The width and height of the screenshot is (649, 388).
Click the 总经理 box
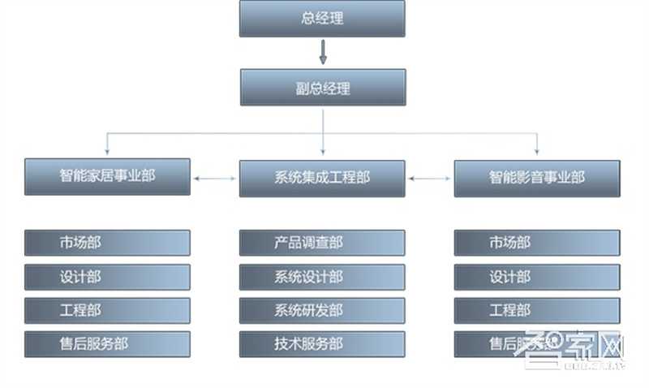(x=322, y=18)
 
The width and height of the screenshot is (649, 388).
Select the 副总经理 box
(x=322, y=88)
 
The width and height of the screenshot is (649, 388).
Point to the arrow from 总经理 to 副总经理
(x=322, y=52)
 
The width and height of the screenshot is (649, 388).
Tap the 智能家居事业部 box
(x=107, y=176)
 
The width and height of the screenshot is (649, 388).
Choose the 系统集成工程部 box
(x=322, y=177)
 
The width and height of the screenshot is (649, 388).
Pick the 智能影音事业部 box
(x=536, y=177)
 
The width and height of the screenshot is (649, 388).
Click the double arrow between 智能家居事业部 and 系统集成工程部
(x=215, y=177)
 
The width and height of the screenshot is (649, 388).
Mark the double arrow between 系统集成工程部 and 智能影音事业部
(x=429, y=177)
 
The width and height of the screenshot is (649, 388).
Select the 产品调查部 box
(x=322, y=243)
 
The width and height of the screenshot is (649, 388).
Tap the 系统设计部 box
(x=322, y=277)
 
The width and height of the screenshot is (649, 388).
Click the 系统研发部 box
(x=322, y=310)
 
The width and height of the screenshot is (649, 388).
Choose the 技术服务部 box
(x=322, y=344)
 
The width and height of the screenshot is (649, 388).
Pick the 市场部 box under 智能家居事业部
(x=107, y=243)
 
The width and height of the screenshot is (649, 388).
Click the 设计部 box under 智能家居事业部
(x=107, y=277)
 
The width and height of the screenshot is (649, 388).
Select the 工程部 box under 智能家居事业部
(x=107, y=310)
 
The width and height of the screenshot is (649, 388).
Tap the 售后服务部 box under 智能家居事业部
(x=107, y=344)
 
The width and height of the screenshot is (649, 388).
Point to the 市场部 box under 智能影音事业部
(x=536, y=243)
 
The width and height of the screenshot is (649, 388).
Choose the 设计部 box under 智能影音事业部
(x=536, y=277)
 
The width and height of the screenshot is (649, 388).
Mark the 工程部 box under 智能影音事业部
(x=536, y=310)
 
